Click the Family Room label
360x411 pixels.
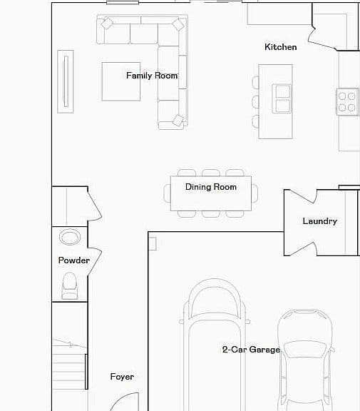[152, 76]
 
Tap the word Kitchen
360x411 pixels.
[281, 47]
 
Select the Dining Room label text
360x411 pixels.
[211, 187]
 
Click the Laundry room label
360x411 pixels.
[319, 221]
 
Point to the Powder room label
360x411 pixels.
[74, 260]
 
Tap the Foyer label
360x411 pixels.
[122, 377]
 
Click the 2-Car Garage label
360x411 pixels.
[252, 350]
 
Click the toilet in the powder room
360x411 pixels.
[70, 285]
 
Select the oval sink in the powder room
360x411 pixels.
[70, 237]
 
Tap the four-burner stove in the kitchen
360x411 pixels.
[347, 102]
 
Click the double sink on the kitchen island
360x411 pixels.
[282, 98]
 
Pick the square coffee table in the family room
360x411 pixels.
[121, 81]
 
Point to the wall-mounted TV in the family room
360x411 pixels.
[66, 81]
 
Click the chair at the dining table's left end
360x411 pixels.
[167, 193]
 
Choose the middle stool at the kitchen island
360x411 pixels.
[255, 102]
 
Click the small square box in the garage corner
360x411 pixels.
[153, 244]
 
